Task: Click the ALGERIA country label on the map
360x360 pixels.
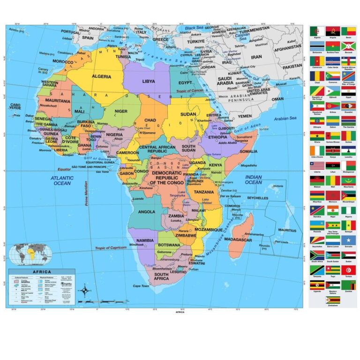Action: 101,76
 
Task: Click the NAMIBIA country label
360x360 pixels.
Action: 138,240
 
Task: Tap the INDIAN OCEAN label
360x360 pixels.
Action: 254,179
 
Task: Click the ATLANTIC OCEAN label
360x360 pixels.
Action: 62,181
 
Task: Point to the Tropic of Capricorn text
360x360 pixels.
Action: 111,247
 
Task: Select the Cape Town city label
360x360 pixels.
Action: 141,286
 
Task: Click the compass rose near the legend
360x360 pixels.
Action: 84,292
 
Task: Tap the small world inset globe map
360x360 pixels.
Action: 32,255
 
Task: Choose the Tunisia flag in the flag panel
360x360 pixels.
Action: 348,270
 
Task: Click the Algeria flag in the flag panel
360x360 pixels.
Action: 316,31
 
